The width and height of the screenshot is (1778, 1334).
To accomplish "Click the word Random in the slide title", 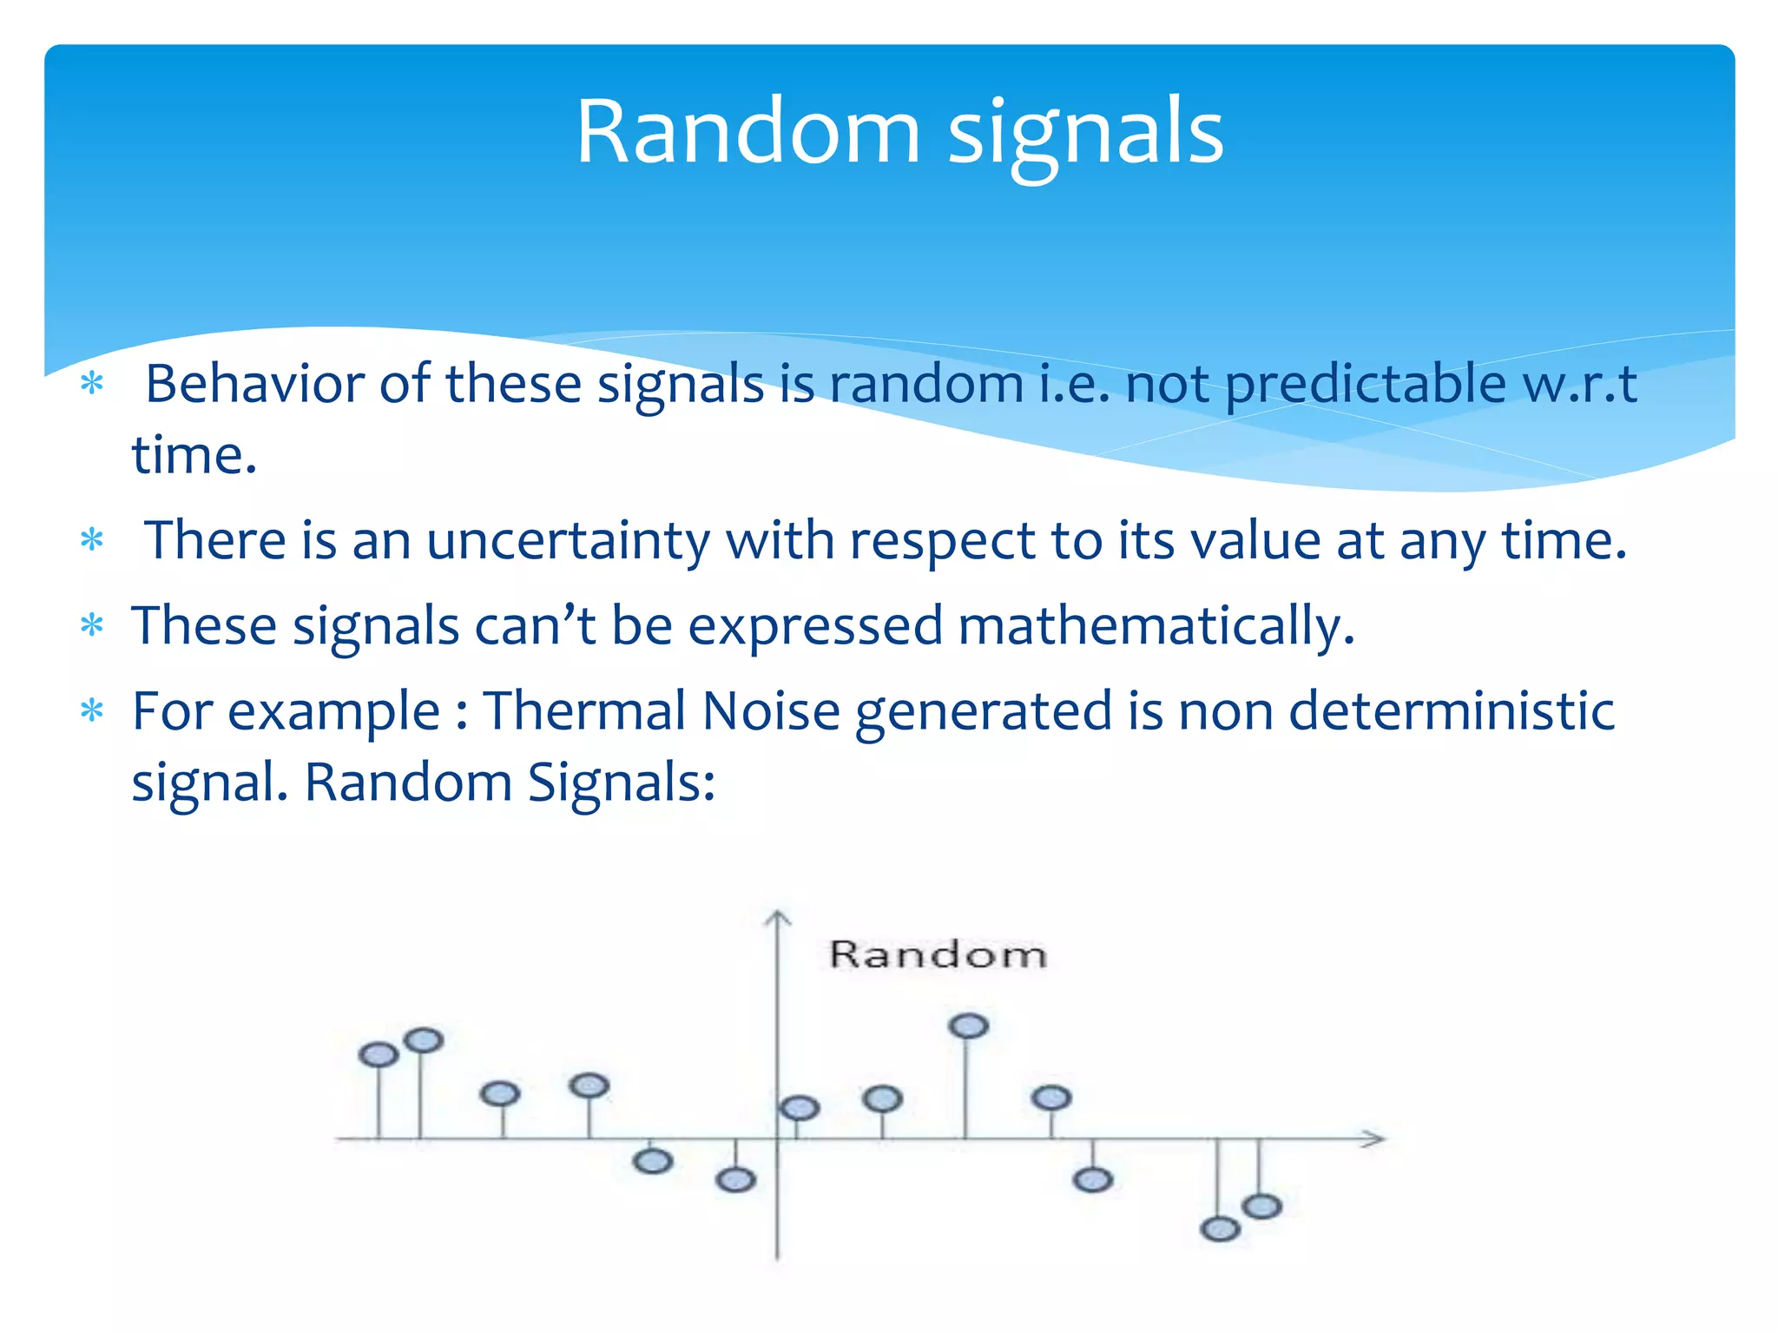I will click(747, 132).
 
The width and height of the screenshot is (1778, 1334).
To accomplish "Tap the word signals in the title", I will click(1085, 135).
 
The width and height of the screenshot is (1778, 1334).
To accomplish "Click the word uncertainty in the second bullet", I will click(568, 541).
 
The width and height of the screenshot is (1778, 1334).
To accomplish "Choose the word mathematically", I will click(1155, 627).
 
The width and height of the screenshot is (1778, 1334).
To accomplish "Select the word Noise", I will click(771, 710).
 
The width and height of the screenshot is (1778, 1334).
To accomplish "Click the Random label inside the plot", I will click(938, 954).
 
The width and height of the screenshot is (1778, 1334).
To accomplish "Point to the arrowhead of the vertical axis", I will click(777, 917).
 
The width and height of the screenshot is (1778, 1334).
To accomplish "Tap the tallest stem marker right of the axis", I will click(969, 1026).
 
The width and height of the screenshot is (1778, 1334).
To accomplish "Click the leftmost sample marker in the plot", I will click(379, 1055).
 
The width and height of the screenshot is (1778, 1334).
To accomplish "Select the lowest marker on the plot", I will click(1220, 1229).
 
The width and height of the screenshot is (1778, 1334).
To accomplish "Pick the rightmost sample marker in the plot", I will click(1262, 1206).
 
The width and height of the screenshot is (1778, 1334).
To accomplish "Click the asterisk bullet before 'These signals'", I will click(92, 625).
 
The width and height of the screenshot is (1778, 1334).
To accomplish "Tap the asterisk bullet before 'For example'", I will click(92, 711).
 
